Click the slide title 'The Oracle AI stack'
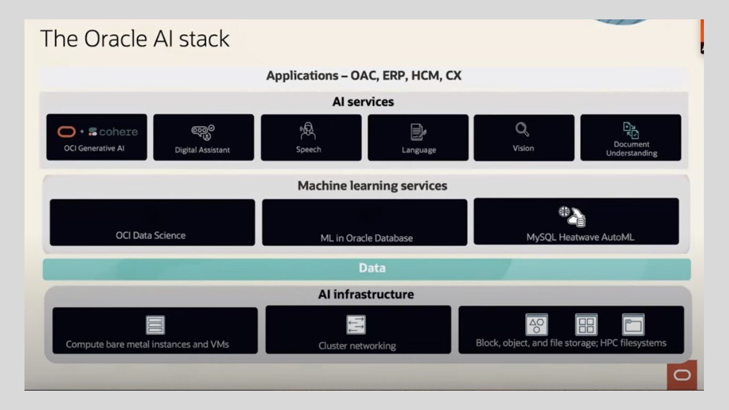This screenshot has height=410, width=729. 135,39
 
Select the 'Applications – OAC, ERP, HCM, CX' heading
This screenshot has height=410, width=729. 363,76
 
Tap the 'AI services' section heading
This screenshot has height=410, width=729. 363,102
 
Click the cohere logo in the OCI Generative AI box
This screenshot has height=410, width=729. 113,132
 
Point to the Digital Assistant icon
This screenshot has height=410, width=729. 202,132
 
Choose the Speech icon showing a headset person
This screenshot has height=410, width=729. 308,132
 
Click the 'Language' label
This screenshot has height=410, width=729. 419,150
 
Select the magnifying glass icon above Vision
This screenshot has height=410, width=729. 522,130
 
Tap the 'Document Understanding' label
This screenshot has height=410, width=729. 631,149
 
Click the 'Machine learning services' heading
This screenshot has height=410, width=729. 372,186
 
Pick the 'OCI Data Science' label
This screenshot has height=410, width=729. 150,235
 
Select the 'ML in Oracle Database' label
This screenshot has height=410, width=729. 366,238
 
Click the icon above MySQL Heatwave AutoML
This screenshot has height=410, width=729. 572,216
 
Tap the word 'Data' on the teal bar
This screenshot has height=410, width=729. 372,268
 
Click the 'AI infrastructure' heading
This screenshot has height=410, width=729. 366,294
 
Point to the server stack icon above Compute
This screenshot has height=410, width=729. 155,325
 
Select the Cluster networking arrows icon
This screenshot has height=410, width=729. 357,325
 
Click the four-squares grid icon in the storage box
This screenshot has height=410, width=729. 585,325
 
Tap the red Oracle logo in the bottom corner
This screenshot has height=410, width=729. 682,375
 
